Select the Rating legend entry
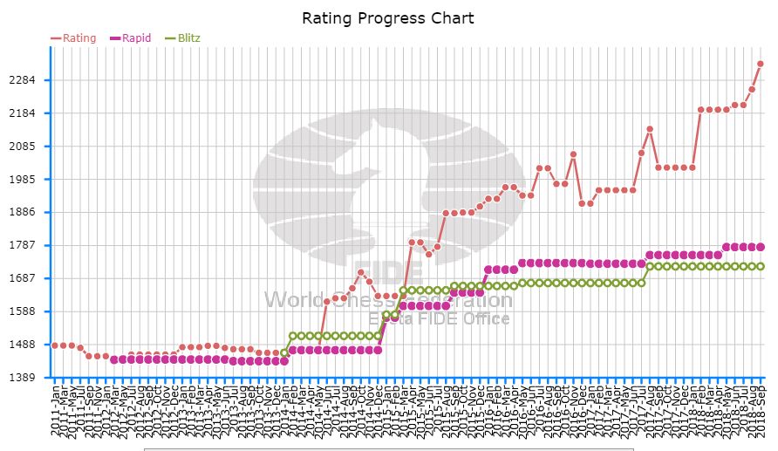point(73,38)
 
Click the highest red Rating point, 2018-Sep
point(761,64)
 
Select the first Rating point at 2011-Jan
point(55,345)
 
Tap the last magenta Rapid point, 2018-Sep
point(761,247)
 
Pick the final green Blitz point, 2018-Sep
point(761,266)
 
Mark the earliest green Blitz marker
point(284,352)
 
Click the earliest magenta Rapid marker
point(113,359)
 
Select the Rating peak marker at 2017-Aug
point(650,129)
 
